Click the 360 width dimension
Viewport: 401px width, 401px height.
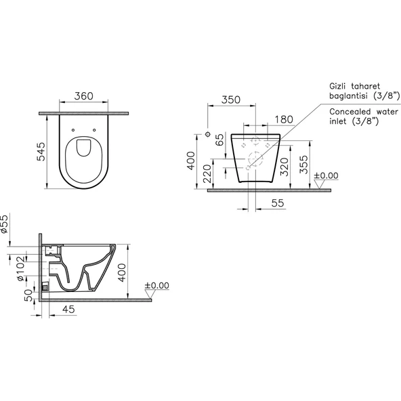83,96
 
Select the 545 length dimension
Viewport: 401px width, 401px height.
41,152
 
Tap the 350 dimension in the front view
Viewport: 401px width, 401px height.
231,100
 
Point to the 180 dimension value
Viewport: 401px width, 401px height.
284,119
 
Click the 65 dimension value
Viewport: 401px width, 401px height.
219,140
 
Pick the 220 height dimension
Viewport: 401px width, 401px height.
207,173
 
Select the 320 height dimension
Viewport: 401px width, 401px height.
284,167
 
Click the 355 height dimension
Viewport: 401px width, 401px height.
303,165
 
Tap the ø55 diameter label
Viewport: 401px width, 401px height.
5,224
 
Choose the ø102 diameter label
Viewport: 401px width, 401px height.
20,268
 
